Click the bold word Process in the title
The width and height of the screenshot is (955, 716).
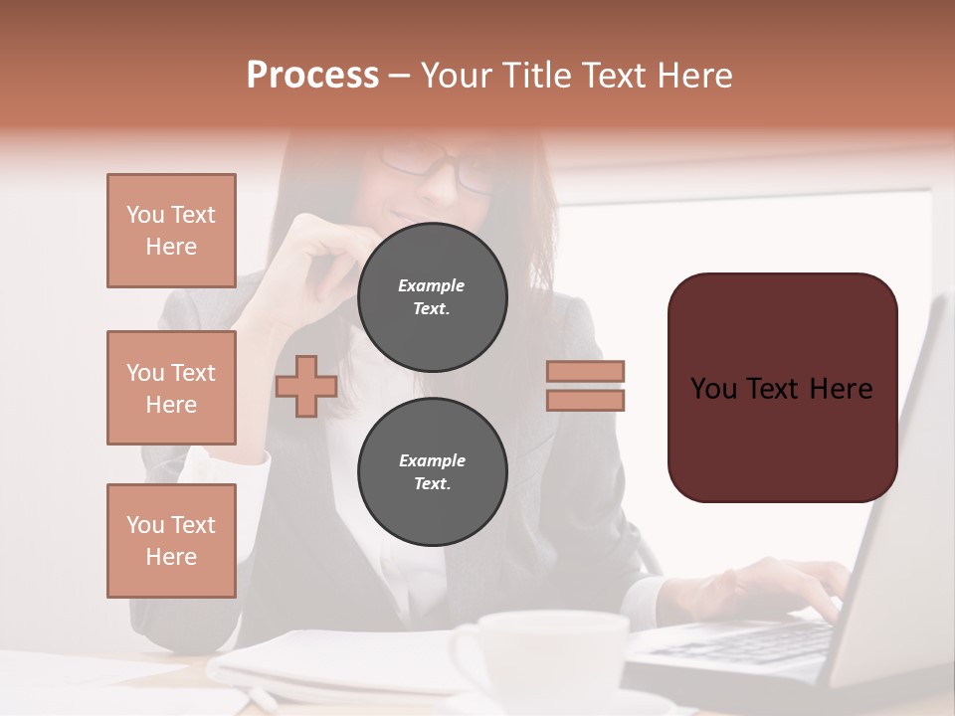point(312,76)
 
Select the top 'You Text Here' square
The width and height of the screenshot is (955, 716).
point(171,231)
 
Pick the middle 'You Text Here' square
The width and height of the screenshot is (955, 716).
point(171,388)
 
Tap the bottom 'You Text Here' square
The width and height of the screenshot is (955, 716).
point(171,541)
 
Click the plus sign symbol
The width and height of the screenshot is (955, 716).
point(306,386)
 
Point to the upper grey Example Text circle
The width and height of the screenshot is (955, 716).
point(432,297)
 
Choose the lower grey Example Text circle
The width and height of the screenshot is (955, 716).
point(432,472)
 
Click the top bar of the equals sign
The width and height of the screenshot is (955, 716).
point(585,371)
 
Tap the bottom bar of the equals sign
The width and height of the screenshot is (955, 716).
point(585,400)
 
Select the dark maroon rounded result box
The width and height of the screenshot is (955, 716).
point(782,387)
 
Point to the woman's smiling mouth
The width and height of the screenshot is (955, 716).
point(410,215)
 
